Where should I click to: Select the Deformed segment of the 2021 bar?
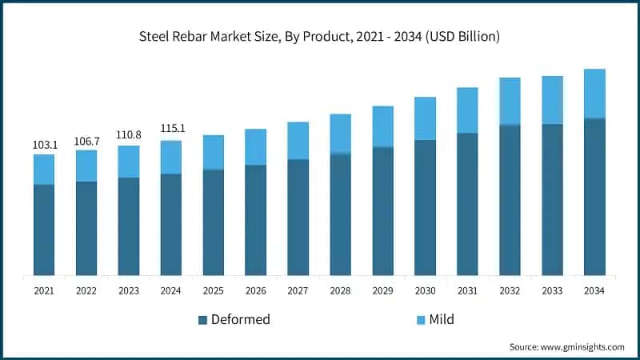(44, 230)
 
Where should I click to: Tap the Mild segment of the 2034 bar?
(594, 94)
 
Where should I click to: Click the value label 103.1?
(44, 145)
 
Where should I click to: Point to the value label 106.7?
(86, 141)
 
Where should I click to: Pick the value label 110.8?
(129, 136)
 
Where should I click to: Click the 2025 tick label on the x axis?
(214, 291)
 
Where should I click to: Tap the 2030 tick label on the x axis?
(425, 291)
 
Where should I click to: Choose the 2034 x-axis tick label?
(594, 291)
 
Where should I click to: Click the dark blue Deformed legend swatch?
(203, 320)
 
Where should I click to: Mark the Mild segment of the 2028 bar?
(340, 134)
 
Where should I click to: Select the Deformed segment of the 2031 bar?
(467, 204)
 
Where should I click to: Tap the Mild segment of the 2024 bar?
(171, 157)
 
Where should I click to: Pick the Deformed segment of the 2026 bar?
(255, 220)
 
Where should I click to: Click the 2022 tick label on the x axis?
(86, 291)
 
